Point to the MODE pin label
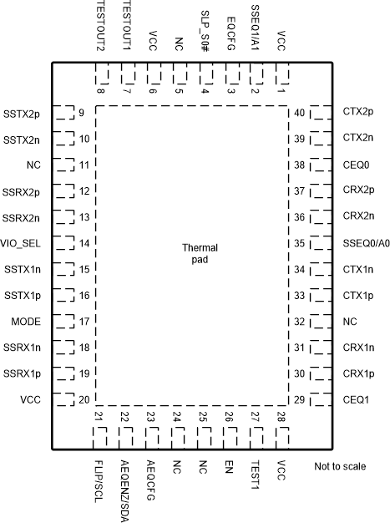pyautogui.click(x=27, y=322)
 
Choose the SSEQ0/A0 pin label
pyautogui.click(x=366, y=243)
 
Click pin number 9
pyautogui.click(x=82, y=113)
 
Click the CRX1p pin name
pyautogui.click(x=357, y=373)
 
